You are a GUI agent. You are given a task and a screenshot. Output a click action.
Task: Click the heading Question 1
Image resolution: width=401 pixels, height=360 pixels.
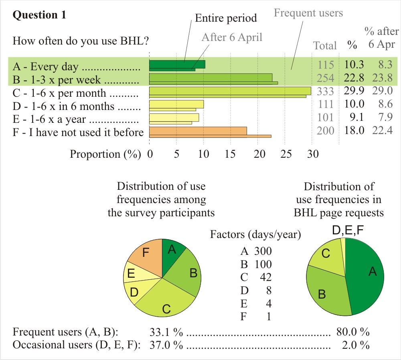[x=39, y=15]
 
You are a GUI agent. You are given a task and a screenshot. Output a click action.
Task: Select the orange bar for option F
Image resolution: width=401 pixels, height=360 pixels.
[x=198, y=131]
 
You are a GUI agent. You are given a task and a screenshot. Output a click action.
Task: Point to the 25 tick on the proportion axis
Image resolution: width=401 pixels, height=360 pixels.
[x=285, y=154]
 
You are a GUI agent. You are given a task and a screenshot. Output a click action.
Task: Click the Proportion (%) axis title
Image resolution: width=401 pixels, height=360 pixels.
[x=105, y=154]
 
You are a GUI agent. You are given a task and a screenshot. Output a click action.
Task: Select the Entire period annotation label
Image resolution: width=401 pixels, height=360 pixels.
[x=225, y=18]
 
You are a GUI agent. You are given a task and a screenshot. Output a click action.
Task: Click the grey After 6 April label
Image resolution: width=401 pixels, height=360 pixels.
[x=232, y=37]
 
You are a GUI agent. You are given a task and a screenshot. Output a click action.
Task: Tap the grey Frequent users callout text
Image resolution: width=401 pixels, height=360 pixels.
[x=308, y=13]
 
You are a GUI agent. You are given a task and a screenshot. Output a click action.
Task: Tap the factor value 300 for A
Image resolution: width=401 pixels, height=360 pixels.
[x=263, y=252]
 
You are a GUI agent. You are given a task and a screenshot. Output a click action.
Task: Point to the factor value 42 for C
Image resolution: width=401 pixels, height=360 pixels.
[x=265, y=277]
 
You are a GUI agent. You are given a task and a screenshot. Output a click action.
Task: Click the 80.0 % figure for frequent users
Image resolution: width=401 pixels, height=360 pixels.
[x=353, y=332]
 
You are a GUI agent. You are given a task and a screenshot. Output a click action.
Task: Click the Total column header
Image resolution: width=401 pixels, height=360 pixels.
[x=325, y=45]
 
